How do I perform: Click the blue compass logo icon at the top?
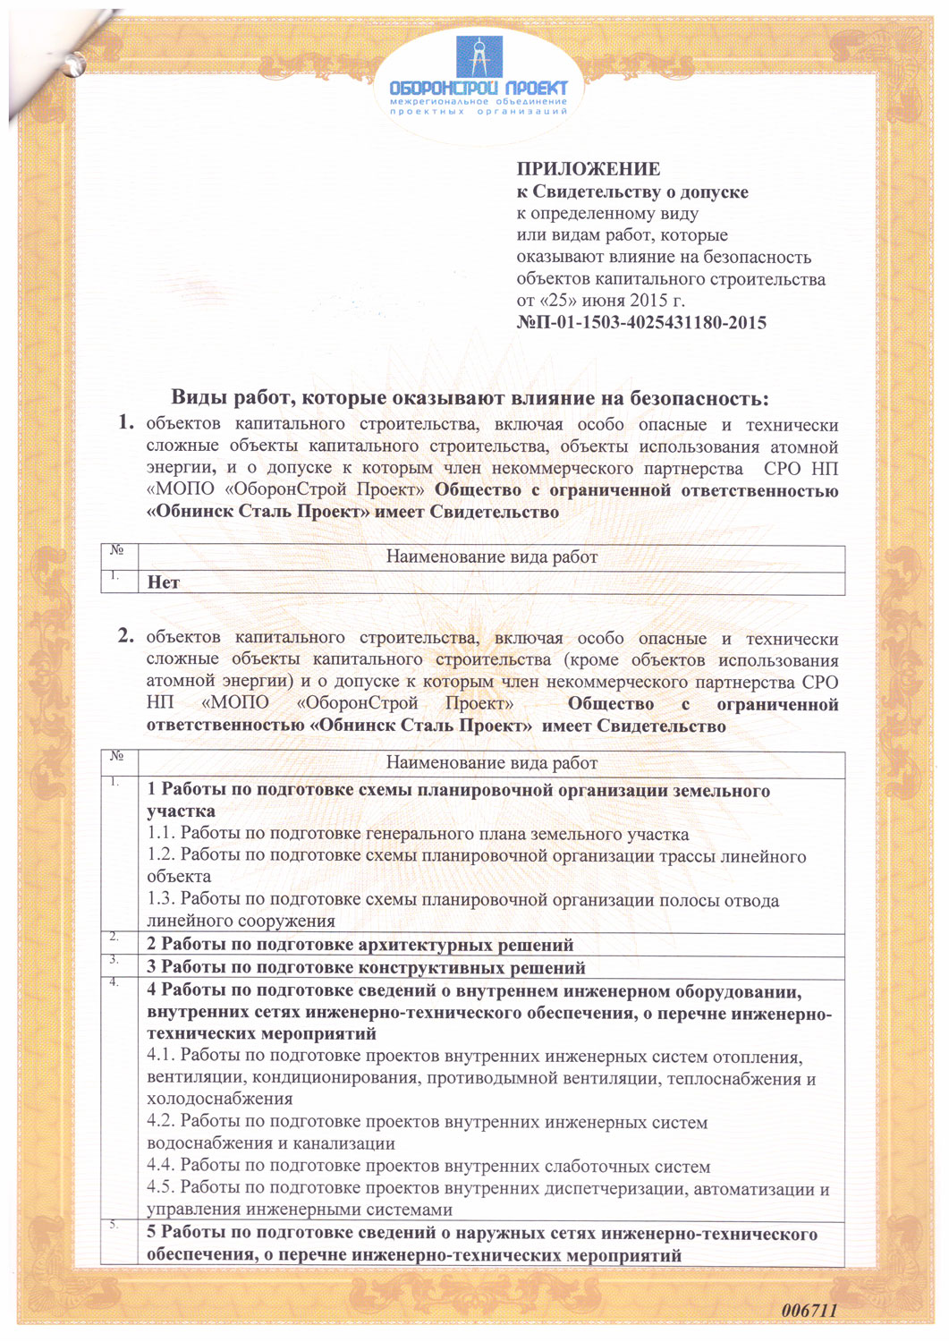pos(479,56)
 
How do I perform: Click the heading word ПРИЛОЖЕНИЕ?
pos(588,169)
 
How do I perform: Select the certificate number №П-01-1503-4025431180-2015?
pos(640,323)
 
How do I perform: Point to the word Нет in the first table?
pos(164,583)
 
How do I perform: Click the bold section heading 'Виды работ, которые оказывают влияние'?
pos(470,398)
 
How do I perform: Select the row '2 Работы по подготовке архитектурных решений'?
pos(360,946)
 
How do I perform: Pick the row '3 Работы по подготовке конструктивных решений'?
pos(366,968)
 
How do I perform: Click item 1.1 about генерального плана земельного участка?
pos(418,835)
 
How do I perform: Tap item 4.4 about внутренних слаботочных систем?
pos(428,1167)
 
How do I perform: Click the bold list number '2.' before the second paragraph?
pos(126,637)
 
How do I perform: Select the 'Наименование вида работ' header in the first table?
pos(491,557)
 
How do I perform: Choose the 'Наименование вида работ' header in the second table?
pos(491,763)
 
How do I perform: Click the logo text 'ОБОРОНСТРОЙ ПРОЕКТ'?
pos(479,89)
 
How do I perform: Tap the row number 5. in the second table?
pos(114,1225)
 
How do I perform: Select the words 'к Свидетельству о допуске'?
pos(632,192)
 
